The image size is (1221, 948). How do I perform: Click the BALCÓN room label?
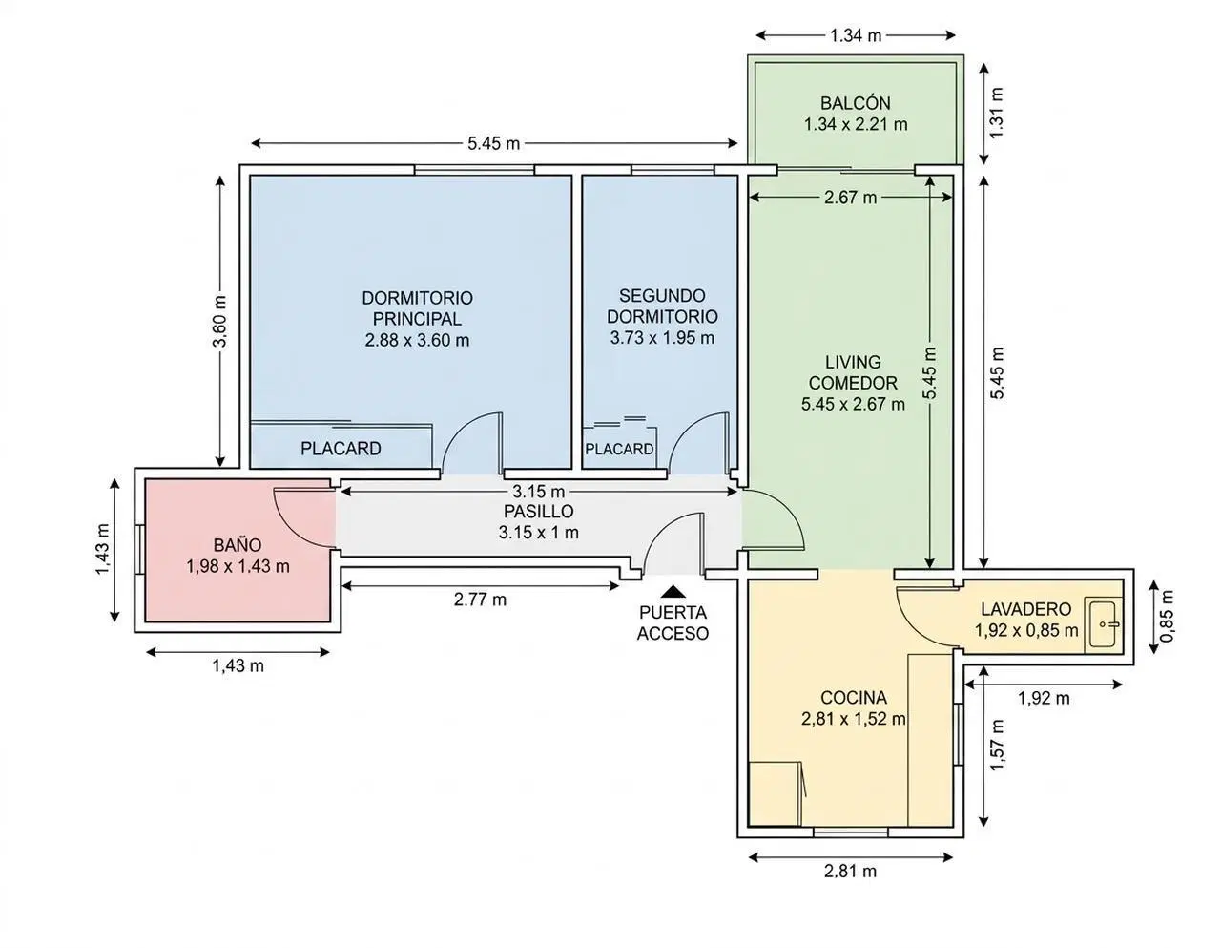(856, 103)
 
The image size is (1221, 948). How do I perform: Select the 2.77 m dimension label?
(480, 600)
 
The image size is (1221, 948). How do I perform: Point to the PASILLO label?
(538, 511)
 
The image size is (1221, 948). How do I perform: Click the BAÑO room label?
(238, 545)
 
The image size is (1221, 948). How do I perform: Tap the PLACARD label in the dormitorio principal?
(341, 448)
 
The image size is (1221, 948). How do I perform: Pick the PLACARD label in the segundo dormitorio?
(619, 449)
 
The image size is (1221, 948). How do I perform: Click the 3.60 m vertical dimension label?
(219, 321)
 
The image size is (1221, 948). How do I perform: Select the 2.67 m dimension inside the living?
(850, 198)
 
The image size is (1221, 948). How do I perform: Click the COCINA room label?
(854, 698)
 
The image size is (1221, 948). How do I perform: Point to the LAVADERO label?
(1026, 609)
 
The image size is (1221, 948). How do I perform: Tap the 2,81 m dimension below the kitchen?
(850, 871)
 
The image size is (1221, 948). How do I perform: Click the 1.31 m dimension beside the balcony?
(997, 113)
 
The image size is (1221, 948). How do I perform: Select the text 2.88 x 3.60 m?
(417, 340)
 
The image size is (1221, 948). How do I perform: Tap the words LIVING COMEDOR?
(853, 372)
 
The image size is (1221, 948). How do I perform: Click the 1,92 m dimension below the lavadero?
(1044, 698)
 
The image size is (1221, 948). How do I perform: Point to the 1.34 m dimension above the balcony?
(856, 35)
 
